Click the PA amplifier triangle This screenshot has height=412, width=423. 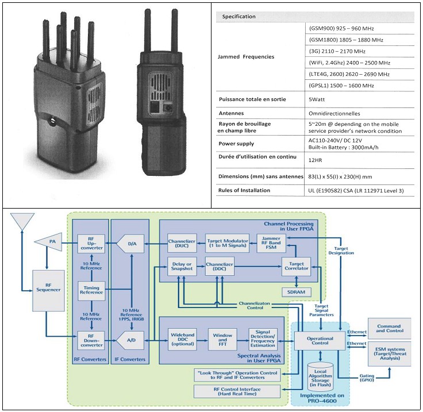tap(48, 242)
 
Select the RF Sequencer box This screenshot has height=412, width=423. tap(48, 291)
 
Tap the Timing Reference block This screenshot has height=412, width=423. tap(91, 290)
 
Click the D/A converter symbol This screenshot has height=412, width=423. tap(131, 244)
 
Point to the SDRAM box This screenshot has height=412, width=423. tap(296, 292)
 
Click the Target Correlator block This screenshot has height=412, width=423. tap(296, 266)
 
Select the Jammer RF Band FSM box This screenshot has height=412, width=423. tap(271, 243)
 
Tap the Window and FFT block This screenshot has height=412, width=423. tap(222, 339)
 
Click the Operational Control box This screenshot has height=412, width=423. tap(320, 341)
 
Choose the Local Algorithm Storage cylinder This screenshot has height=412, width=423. tap(320, 377)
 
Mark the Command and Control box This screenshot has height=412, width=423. tap(390, 329)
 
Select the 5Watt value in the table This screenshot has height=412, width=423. tap(317, 99)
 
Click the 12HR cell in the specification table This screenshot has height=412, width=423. tap(315, 160)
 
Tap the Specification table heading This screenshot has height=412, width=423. tap(239, 17)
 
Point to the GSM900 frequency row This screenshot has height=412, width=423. tap(341, 28)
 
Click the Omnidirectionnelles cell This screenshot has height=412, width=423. tap(334, 114)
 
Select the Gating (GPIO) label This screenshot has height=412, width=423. tap(367, 378)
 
